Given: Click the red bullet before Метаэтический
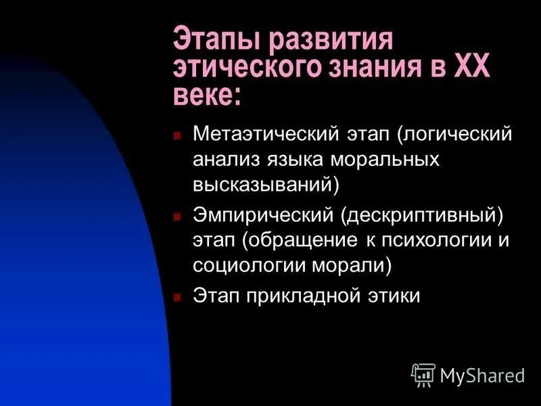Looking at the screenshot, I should point(177,135).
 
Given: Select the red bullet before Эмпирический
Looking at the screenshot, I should point(177,216).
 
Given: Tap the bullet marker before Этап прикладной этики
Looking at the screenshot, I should point(177,297).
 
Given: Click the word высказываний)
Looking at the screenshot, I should point(266,183).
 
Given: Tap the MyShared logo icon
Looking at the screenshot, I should point(423,374).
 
